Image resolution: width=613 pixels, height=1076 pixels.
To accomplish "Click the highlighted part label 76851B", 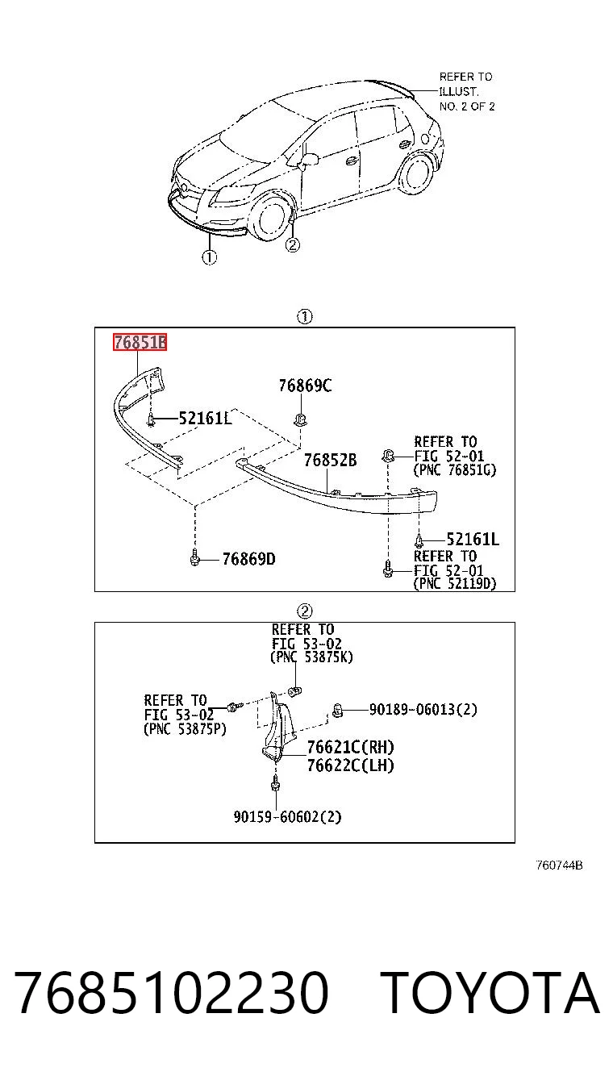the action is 140,342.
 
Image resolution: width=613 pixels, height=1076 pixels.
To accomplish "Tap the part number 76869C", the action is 305,386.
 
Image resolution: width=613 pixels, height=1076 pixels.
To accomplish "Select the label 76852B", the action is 330,461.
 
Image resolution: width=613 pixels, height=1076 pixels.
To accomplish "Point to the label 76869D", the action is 249,559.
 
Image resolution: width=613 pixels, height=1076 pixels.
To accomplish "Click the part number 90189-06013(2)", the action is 423,709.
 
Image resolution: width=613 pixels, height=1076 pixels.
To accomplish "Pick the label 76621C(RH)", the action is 351,747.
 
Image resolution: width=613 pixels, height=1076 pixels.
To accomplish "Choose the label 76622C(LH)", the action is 351,765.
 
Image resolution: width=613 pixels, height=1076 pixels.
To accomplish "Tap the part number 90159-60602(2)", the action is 287,816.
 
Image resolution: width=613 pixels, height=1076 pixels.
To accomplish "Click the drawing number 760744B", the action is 559,865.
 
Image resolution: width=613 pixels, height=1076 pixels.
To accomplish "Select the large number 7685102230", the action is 172,993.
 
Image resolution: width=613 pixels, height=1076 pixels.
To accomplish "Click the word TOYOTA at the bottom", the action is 491,993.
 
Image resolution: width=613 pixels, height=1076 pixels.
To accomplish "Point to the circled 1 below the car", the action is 209,257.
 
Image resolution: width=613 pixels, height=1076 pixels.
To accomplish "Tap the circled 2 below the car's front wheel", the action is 293,245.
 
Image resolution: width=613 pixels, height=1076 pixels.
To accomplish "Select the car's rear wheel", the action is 416,173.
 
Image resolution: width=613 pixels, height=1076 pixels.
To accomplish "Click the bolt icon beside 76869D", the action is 194,557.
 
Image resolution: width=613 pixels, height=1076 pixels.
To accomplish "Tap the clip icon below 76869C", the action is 300,419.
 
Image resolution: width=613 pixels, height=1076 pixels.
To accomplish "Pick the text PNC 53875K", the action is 312,657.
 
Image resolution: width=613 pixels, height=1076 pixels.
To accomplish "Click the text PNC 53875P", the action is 185,728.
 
